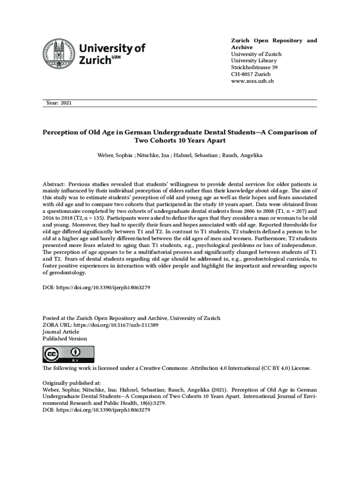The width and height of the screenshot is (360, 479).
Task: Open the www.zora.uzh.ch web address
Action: click(252, 81)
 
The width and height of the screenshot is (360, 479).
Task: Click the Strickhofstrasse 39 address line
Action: click(254, 68)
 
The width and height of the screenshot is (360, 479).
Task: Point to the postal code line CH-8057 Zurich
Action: click(251, 74)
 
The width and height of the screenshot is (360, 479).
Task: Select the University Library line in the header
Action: click(254, 61)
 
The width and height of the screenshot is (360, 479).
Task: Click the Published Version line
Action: click(65, 338)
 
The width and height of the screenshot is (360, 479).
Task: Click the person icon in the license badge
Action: click(74, 352)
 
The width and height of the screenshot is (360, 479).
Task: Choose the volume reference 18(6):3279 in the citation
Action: click(145, 403)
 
